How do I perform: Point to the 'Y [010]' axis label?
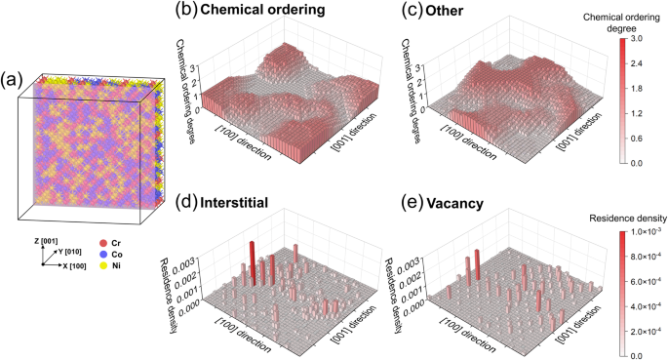click(71, 252)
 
